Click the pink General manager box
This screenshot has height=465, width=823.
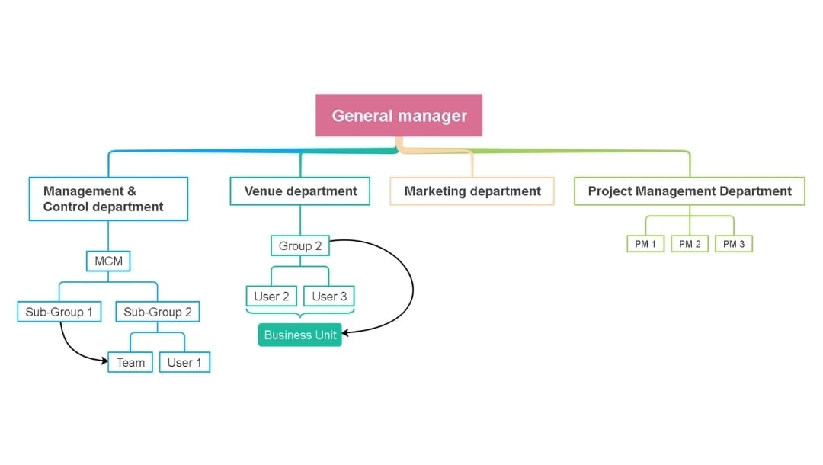click(x=399, y=116)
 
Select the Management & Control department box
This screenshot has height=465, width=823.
click(x=108, y=199)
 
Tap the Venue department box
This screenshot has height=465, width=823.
click(x=300, y=191)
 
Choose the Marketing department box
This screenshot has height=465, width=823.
click(x=472, y=191)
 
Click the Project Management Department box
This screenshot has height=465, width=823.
click(x=690, y=191)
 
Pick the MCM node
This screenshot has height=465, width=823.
click(x=108, y=261)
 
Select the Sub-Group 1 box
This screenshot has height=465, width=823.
click(x=59, y=312)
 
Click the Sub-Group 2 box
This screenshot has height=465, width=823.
click(x=157, y=312)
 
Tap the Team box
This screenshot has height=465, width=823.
click(x=130, y=362)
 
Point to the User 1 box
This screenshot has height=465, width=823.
click(x=184, y=362)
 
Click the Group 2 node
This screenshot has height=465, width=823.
click(x=300, y=245)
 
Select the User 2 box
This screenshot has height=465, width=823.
click(x=271, y=296)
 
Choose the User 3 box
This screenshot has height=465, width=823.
click(x=329, y=296)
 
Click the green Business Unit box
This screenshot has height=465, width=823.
click(x=299, y=335)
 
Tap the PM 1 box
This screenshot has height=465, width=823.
click(x=645, y=244)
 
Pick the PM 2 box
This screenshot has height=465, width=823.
click(x=690, y=244)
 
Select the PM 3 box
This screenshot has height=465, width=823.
click(x=734, y=244)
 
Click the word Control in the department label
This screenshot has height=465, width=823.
click(x=66, y=207)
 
